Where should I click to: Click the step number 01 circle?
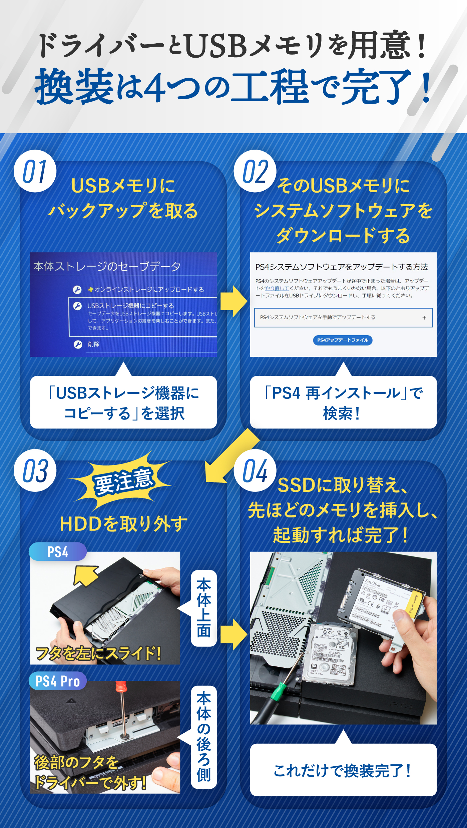point(35,171)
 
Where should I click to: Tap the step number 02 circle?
point(255,171)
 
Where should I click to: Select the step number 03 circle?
point(35,470)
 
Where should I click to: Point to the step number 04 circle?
point(255,470)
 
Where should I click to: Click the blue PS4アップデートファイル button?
point(343,340)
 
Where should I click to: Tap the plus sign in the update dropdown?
point(424,318)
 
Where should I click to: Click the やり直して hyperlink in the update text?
point(277,288)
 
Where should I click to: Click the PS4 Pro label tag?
point(58,681)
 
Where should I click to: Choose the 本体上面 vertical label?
point(204,608)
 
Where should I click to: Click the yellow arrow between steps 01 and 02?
point(234,301)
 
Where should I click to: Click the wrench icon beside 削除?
point(78,344)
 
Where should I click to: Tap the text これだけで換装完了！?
point(343,771)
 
